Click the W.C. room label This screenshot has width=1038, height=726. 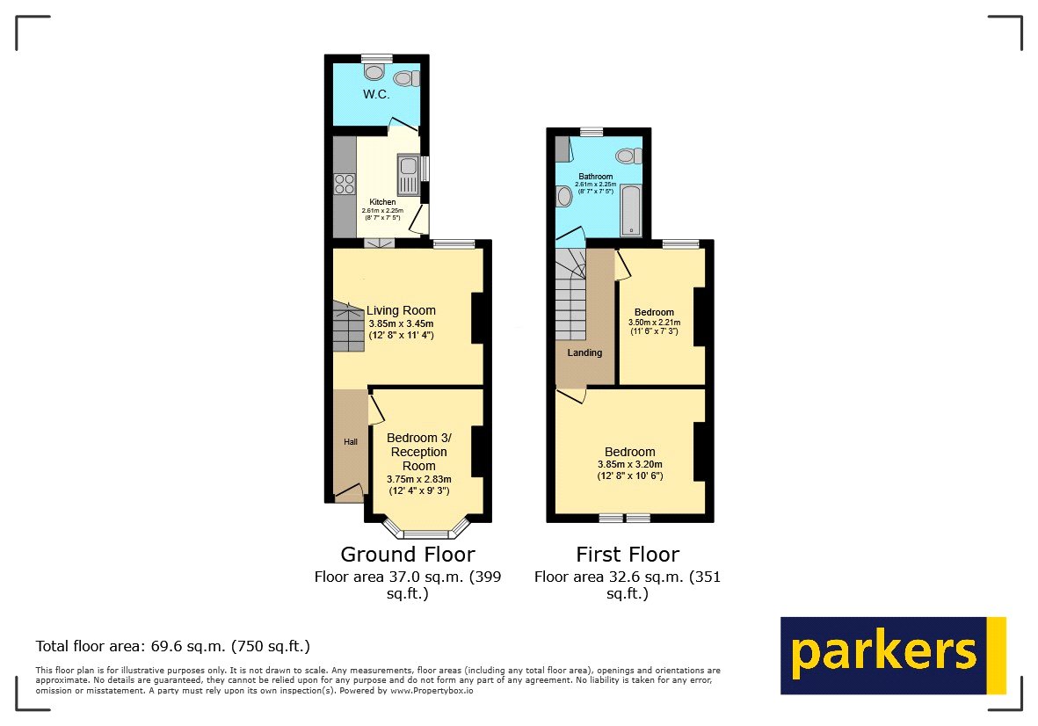(x=376, y=93)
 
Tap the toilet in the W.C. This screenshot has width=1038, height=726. (x=406, y=78)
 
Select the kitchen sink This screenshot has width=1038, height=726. (x=409, y=173)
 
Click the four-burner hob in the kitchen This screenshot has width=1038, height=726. (x=344, y=185)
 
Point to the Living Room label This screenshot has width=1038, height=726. (x=401, y=310)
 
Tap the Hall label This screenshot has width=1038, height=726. (x=350, y=441)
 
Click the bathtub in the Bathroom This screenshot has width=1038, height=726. (x=630, y=210)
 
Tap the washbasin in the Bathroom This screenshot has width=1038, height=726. (x=564, y=195)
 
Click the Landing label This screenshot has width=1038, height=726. (x=584, y=352)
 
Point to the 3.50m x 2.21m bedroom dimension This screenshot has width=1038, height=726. (x=654, y=323)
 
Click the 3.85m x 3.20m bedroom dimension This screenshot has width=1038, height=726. (x=629, y=465)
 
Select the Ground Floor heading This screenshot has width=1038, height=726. (x=407, y=555)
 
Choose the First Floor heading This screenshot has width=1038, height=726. (x=628, y=555)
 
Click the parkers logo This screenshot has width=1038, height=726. (x=892, y=656)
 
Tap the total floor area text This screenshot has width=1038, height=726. (x=173, y=646)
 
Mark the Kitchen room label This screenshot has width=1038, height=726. (x=382, y=202)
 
